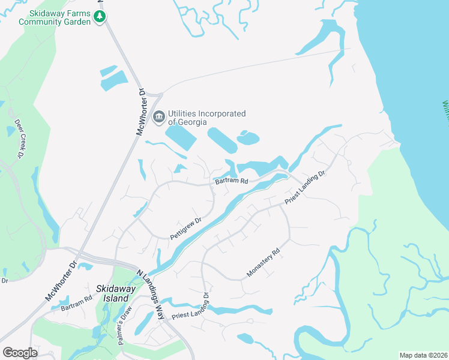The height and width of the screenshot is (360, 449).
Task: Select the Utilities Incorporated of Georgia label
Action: tap(206, 117)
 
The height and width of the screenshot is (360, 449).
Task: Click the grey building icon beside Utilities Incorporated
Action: tap(159, 116)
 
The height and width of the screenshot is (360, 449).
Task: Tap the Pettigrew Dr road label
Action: tap(185, 228)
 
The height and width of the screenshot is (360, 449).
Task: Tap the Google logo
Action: tap(20, 353)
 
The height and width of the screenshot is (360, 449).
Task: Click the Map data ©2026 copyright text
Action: tap(423, 355)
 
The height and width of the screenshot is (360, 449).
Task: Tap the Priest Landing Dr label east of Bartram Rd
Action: tap(304, 188)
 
